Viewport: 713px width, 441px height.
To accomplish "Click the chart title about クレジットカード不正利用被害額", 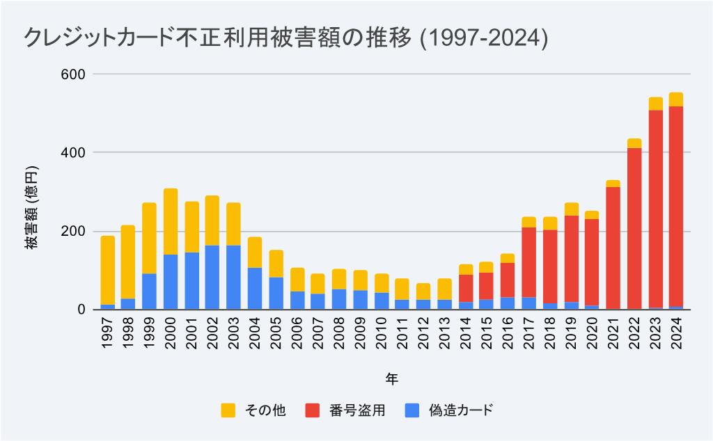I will [x=285, y=38].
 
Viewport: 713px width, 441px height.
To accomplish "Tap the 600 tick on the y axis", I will [x=74, y=74].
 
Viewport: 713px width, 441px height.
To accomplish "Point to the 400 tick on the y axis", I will [x=74, y=152].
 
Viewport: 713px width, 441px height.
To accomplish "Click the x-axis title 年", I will [x=391, y=378].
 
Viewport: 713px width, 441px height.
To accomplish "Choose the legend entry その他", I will [x=252, y=410].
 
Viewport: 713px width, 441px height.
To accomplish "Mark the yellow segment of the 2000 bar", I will [x=171, y=221].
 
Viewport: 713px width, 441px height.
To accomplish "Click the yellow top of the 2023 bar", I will [x=655, y=104].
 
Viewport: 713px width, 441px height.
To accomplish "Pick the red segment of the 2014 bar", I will [x=466, y=288].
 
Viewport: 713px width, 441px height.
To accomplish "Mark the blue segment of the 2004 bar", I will [x=254, y=288].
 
